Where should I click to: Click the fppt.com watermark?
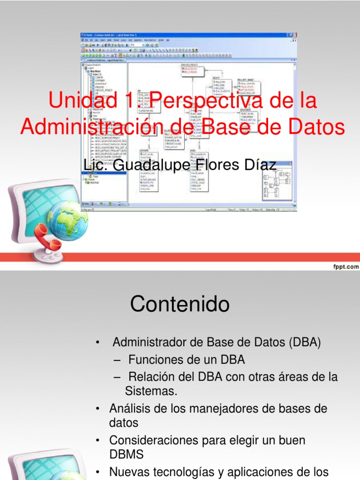click(x=346, y=266)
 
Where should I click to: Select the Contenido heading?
click(x=180, y=305)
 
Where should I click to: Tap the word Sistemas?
click(x=151, y=391)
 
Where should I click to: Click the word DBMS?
click(x=127, y=454)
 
